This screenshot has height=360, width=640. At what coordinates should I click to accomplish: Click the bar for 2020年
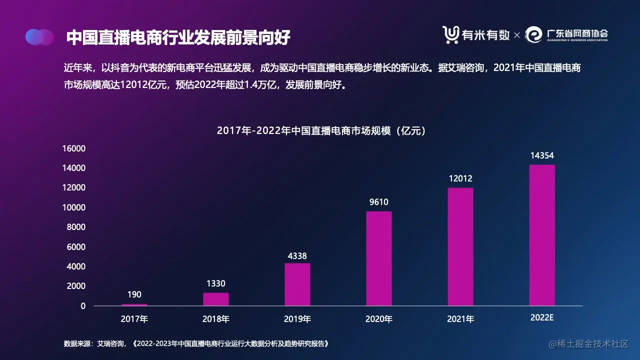pos(379,258)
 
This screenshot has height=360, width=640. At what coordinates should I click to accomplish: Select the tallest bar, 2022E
pos(542,235)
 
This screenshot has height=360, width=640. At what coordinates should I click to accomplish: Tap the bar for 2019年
pos(297,284)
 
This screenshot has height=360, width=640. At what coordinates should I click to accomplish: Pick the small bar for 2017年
pos(134,304)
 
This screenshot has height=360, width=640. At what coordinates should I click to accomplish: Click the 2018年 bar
pos(216,299)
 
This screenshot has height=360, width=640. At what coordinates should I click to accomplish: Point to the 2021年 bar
pos(460,246)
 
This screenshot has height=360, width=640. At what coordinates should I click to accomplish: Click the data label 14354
pos(542,156)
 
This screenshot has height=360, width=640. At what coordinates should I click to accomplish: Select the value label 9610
pos(379,202)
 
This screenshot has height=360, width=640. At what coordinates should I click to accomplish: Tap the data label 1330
pos(216,284)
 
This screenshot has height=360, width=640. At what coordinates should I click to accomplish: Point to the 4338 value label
pos(297,256)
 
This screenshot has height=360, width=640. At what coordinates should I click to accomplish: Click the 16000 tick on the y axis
pos(74,148)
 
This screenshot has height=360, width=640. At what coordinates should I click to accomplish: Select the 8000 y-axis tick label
pos(76,227)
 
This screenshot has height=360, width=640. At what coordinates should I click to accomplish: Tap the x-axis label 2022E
pos(542,318)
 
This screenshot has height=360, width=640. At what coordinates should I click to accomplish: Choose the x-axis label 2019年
pos(297,319)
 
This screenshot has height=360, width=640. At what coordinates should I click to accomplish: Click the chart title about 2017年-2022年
pos(321,131)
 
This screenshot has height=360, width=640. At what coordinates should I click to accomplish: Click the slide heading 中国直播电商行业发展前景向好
pos(178,37)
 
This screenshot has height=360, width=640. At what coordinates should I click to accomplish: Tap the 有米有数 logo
pos(476,34)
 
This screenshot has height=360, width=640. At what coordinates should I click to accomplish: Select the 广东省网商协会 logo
pos(567,34)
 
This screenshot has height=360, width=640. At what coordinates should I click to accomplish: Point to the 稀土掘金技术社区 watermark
pos(588,344)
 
